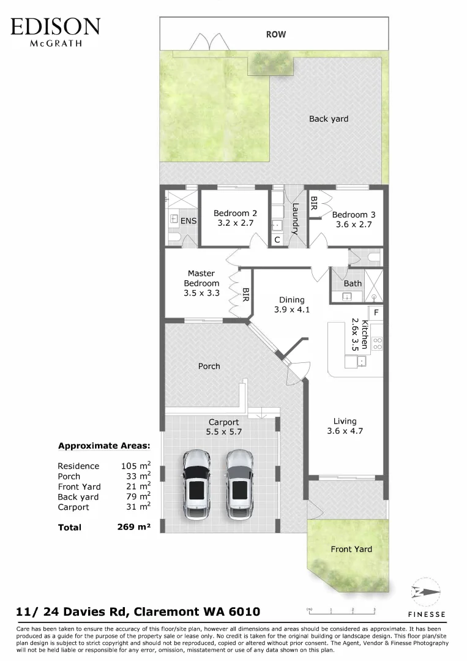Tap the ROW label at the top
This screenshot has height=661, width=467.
pos(275,35)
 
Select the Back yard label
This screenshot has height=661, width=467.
pos(328,119)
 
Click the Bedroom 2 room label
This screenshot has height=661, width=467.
pos(235,213)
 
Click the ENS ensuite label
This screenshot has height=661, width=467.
pos(189,220)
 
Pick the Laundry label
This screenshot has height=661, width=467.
pos(294,219)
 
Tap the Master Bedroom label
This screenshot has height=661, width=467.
pos(201,278)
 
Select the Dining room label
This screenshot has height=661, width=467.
pos(291,300)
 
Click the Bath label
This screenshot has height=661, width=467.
pos(353,283)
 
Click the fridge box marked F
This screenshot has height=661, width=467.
pos(376,313)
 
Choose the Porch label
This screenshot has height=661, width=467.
pos(209,366)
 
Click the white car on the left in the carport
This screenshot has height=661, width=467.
pos(197,483)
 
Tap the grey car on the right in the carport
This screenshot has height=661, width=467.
pos(239,483)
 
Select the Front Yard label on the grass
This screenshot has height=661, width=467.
pos(351,549)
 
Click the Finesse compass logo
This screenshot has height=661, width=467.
pos(426,592)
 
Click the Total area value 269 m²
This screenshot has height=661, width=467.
pos(133,526)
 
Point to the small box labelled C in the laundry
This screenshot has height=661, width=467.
pos(277,240)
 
